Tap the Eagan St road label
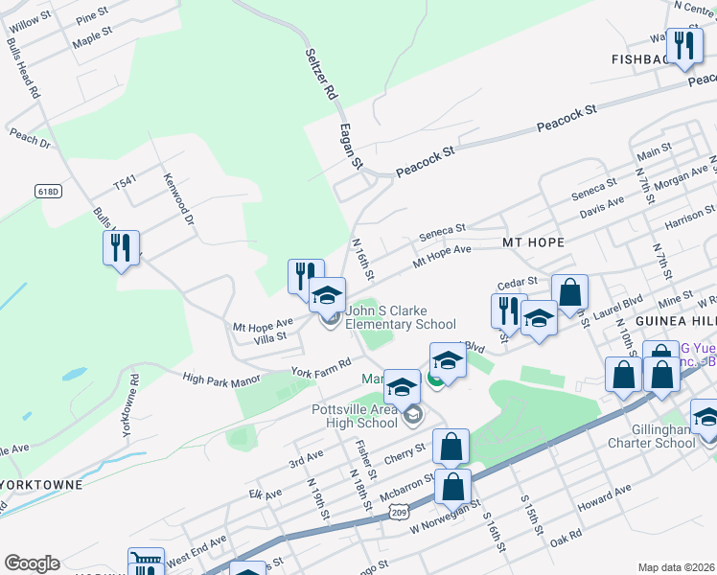tap(350, 147)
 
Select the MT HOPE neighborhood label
tap(533, 242)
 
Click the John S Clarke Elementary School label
tap(401, 317)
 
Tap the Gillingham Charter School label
tap(652, 436)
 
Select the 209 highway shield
tap(400, 515)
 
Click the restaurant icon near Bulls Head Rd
tap(121, 247)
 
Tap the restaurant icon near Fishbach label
tap(684, 46)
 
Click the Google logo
tap(32, 563)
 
